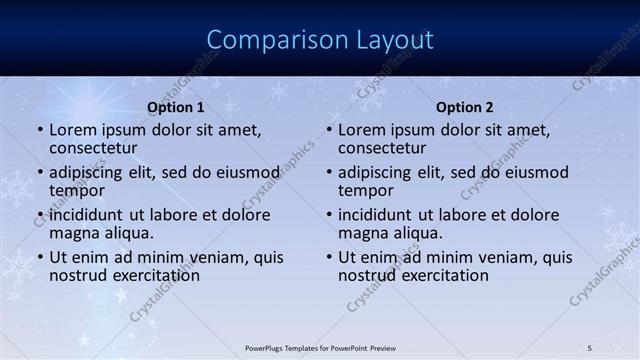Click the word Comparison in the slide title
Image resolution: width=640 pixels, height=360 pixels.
269,40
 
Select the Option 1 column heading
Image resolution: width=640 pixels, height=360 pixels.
176,107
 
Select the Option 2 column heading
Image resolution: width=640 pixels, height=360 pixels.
465,107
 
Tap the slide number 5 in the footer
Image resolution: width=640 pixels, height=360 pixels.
590,347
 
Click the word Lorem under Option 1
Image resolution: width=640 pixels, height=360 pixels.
72,130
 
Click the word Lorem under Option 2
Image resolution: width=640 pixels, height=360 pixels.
361,130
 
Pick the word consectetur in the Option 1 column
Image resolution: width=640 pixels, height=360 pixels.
93,149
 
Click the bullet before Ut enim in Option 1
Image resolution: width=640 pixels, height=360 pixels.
39,257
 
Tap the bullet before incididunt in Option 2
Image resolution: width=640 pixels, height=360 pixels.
328,215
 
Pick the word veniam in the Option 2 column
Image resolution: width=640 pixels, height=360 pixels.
497,257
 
